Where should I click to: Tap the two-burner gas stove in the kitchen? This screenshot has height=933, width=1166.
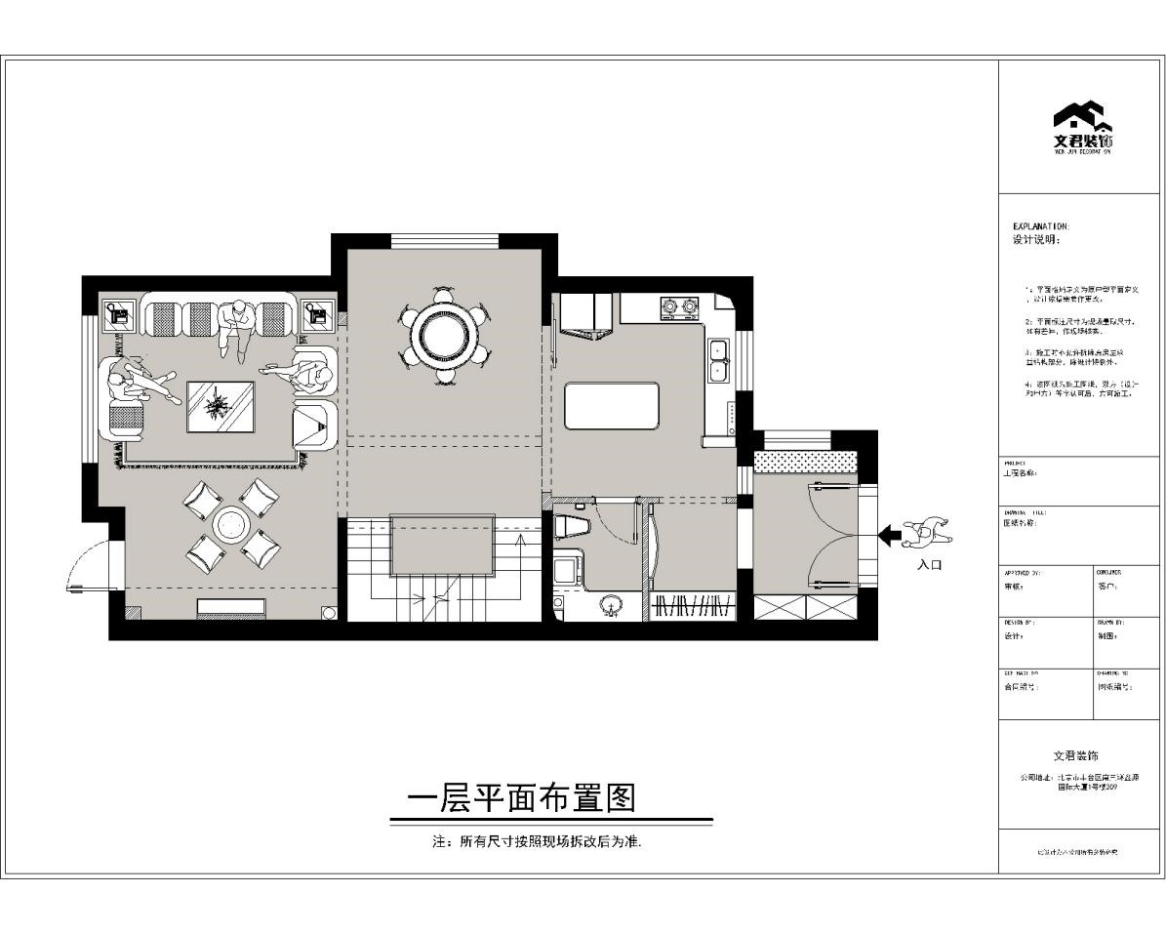pyautogui.click(x=679, y=308)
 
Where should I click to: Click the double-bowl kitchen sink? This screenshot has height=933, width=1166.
pyautogui.click(x=719, y=359)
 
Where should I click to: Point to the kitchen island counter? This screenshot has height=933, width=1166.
pyautogui.click(x=611, y=406)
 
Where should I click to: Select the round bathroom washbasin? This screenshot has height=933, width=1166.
pyautogui.click(x=612, y=605)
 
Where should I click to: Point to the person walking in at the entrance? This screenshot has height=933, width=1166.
pyautogui.click(x=930, y=534)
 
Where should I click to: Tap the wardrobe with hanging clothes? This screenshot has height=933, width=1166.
pyautogui.click(x=694, y=605)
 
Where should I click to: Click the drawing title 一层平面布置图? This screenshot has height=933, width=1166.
pyautogui.click(x=521, y=799)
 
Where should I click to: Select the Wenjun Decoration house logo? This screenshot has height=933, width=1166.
pyautogui.click(x=1082, y=121)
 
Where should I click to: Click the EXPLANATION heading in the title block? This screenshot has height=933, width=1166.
pyautogui.click(x=1040, y=225)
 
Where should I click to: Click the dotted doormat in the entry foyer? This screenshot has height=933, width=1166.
pyautogui.click(x=806, y=459)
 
